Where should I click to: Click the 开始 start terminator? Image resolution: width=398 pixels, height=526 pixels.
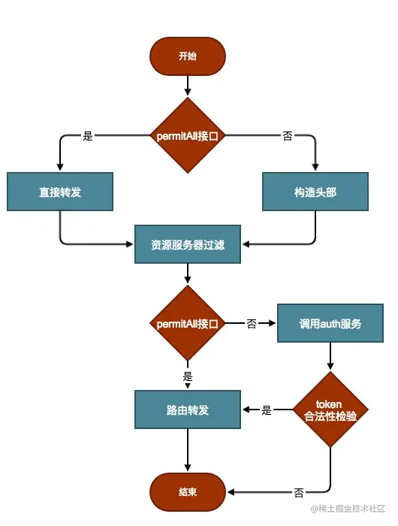click(188, 56)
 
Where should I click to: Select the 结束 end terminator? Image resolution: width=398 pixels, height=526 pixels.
click(188, 491)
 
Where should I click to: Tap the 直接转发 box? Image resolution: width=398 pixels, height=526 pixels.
click(60, 192)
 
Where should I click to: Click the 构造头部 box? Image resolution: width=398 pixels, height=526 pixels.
click(315, 192)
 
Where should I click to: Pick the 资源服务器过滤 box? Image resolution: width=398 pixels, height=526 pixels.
click(188, 244)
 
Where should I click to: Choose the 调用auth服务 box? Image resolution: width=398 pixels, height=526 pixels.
click(330, 323)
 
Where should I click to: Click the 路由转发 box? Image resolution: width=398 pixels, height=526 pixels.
click(188, 410)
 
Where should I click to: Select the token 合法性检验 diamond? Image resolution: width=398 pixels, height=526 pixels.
click(330, 410)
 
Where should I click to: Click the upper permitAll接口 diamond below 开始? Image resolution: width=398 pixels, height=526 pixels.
click(188, 135)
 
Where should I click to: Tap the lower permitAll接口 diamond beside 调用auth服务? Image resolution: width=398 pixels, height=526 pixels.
click(188, 323)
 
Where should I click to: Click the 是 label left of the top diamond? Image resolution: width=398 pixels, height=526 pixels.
click(88, 136)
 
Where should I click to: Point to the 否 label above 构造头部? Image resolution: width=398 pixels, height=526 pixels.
click(288, 136)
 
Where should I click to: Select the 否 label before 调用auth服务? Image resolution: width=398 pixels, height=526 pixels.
click(252, 323)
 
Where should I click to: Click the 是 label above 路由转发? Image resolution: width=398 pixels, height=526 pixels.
click(188, 376)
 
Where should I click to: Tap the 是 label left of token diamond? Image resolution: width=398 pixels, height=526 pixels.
click(267, 410)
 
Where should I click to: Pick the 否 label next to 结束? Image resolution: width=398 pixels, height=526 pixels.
click(299, 492)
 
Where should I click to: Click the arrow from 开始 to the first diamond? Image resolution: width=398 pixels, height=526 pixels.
click(188, 86)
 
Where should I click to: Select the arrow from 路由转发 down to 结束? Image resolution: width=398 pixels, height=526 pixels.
click(188, 450)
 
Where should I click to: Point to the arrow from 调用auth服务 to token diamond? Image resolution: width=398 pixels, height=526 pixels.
click(330, 356)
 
